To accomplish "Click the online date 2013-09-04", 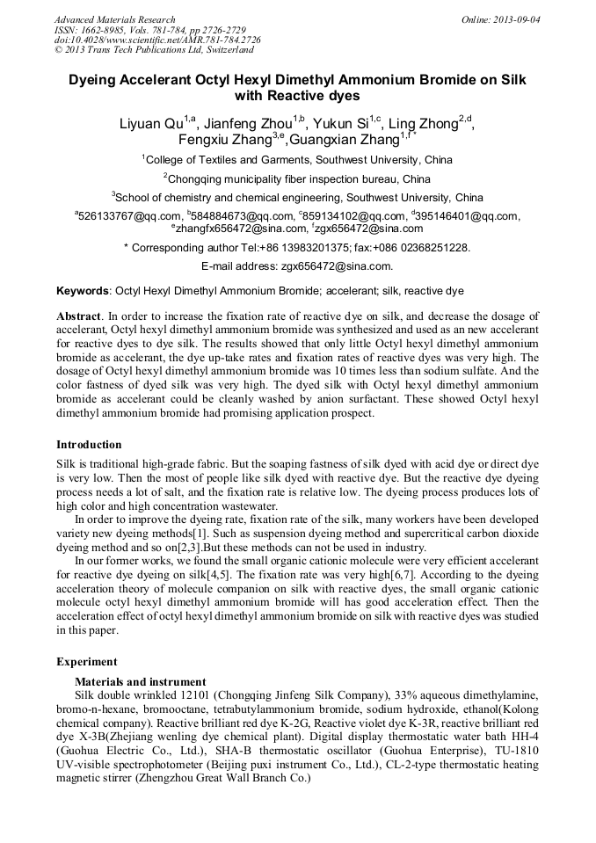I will pyautogui.click(x=516, y=19).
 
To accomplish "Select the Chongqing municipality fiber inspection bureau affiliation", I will pyautogui.click(x=297, y=178).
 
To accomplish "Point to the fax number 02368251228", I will pyautogui.click(x=433, y=248).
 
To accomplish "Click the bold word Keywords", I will pyautogui.click(x=84, y=291).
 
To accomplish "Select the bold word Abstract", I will pyautogui.click(x=78, y=316).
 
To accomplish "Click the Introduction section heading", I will pyautogui.click(x=89, y=445).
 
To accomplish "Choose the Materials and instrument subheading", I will pyautogui.click(x=140, y=681).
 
